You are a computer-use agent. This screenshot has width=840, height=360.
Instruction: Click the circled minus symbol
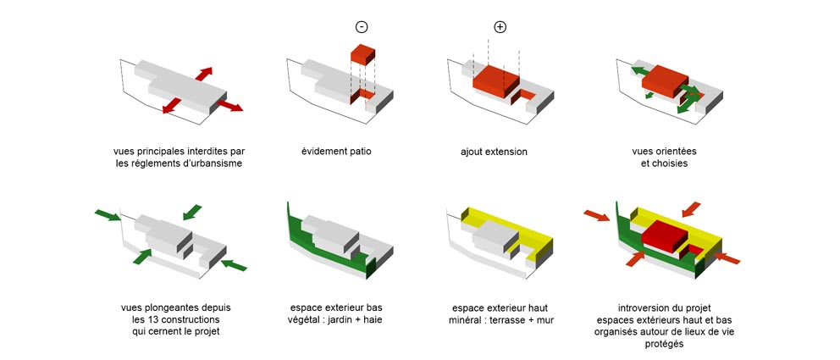362,27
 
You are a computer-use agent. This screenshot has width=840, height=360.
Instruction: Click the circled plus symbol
500,27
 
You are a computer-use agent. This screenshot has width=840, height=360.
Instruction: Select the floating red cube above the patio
362,55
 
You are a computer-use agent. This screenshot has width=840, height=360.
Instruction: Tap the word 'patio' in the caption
359,151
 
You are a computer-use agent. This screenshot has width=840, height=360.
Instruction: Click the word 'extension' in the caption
506,152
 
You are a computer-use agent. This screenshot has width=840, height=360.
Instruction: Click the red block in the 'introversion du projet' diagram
664,236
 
